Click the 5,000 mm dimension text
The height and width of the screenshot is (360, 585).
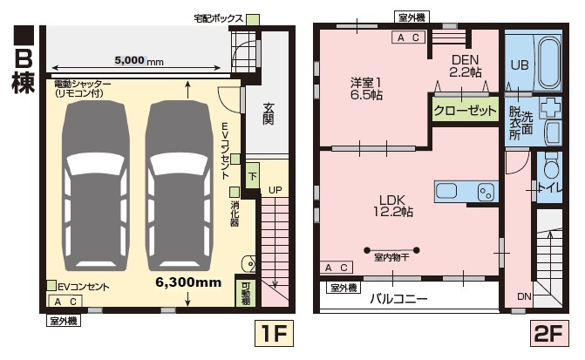tap(139, 61)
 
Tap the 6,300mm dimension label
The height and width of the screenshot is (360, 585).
tap(188, 282)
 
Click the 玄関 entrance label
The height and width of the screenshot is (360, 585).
tap(270, 113)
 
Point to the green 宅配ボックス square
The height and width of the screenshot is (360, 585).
tap(253, 19)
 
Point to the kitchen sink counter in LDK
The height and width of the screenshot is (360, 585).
tap(466, 192)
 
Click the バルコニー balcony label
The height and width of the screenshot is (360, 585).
tap(398, 298)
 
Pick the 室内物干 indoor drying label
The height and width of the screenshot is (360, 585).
tap(391, 257)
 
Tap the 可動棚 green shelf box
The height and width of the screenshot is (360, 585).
tap(246, 292)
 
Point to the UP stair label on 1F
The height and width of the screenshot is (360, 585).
tap(275, 190)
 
